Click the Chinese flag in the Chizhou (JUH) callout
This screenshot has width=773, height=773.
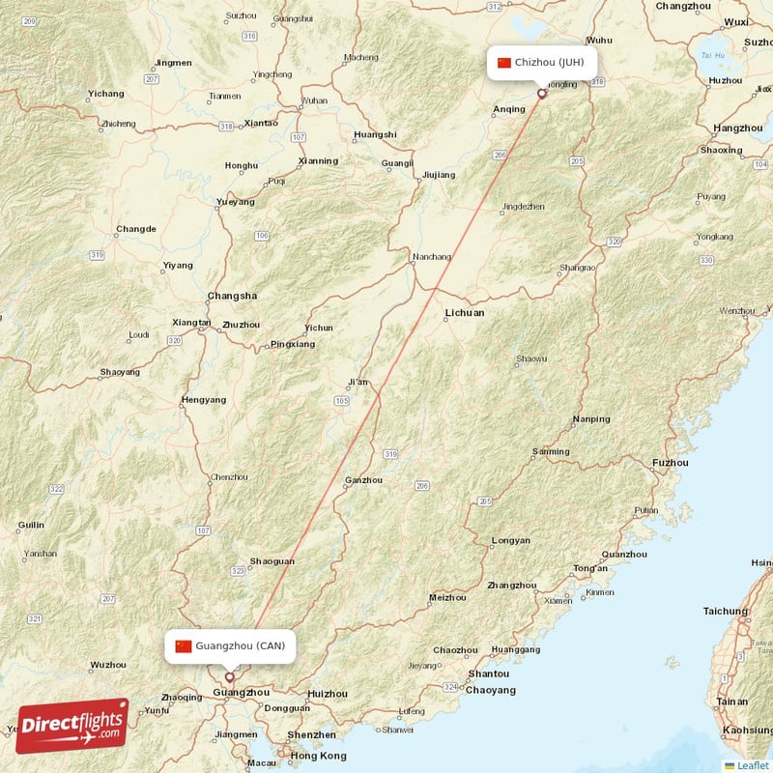pyautogui.click(x=504, y=63)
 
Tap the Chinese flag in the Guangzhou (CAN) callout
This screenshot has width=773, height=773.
pyautogui.click(x=184, y=646)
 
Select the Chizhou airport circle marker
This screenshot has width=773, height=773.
pyautogui.click(x=542, y=94)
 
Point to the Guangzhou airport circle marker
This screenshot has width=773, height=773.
pyautogui.click(x=229, y=677)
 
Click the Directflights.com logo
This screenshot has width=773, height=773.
pyautogui.click(x=72, y=725)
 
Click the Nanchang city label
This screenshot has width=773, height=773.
pyautogui.click(x=432, y=257)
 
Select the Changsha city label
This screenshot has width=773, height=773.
pyautogui.click(x=232, y=296)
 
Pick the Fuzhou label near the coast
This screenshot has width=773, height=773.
pyautogui.click(x=671, y=463)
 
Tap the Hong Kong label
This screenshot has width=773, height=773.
pyautogui.click(x=318, y=756)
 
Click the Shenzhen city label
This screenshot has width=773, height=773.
pyautogui.click(x=311, y=734)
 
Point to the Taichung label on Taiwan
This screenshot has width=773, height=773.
pyautogui.click(x=726, y=611)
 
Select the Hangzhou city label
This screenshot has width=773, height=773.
pyautogui.click(x=737, y=128)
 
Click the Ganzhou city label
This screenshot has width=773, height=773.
pyautogui.click(x=364, y=480)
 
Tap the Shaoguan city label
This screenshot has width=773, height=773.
pyautogui.click(x=272, y=560)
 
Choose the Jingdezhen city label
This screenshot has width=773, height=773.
pyautogui.click(x=524, y=206)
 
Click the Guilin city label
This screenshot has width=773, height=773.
pyautogui.click(x=31, y=526)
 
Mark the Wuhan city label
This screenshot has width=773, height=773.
pyautogui.click(x=314, y=100)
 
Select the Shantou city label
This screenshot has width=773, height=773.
pyautogui.click(x=488, y=673)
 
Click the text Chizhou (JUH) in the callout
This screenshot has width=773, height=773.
pyautogui.click(x=549, y=63)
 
